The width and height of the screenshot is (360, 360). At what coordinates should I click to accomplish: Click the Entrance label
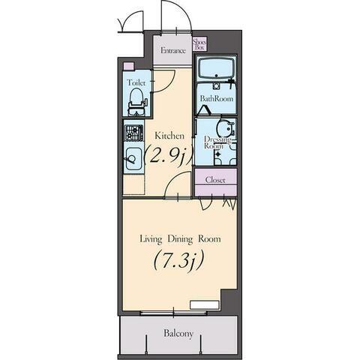coord(173,51)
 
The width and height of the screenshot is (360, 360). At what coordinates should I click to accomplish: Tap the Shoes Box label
coord(199,45)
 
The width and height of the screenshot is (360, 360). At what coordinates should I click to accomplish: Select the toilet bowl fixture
coord(136,102)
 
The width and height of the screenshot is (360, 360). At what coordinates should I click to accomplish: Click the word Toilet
coord(136,82)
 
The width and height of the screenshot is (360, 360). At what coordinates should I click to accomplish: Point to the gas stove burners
coord(134,133)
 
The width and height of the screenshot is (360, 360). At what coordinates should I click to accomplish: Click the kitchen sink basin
coord(133,159)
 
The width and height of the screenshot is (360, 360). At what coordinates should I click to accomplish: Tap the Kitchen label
coord(169,136)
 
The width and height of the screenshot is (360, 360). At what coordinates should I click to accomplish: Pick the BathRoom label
coord(217,98)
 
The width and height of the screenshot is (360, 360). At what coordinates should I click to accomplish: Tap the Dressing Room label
coord(217,142)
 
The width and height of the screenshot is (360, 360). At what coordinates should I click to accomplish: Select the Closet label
coord(215,180)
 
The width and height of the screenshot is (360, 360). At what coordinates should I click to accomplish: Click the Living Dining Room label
coord(180,239)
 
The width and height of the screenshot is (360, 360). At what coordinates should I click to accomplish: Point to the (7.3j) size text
coord(178,261)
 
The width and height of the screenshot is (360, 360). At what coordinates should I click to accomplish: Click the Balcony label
coord(178,334)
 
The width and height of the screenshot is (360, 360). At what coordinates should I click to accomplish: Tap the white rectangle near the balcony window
coord(205,305)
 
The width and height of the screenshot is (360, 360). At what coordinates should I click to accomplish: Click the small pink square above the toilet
coord(129,66)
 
